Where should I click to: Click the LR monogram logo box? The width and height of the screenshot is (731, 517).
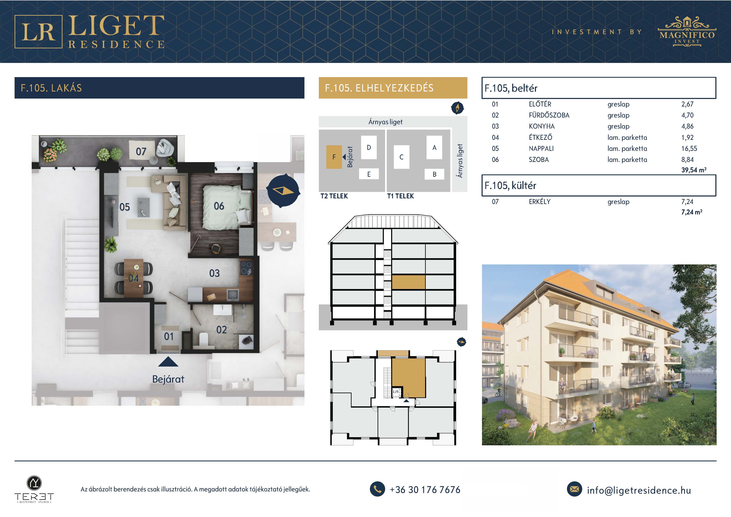click(x=38, y=31)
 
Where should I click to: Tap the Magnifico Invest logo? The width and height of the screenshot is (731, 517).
click(x=687, y=31)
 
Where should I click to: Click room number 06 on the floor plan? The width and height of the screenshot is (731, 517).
click(x=219, y=206)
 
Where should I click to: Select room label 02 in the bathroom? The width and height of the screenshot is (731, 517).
click(x=221, y=329)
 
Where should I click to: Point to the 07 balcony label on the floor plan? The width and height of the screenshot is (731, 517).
click(x=141, y=151)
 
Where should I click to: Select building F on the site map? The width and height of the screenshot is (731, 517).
click(x=334, y=157)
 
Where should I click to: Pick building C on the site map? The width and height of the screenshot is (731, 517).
click(x=402, y=157)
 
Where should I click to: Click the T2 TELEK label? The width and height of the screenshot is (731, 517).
click(x=334, y=196)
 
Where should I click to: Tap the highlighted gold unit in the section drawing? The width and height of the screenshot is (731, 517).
click(x=408, y=282)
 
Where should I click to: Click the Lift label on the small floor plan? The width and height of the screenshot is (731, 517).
click(x=396, y=391)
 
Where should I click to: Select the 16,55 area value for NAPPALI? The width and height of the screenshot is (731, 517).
click(x=689, y=148)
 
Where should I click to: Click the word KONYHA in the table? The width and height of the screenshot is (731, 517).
click(x=542, y=126)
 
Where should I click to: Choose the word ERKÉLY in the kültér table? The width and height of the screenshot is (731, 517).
click(x=540, y=201)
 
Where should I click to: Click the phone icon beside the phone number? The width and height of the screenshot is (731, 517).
click(x=377, y=489)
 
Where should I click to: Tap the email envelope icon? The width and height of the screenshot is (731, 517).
click(x=574, y=489)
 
